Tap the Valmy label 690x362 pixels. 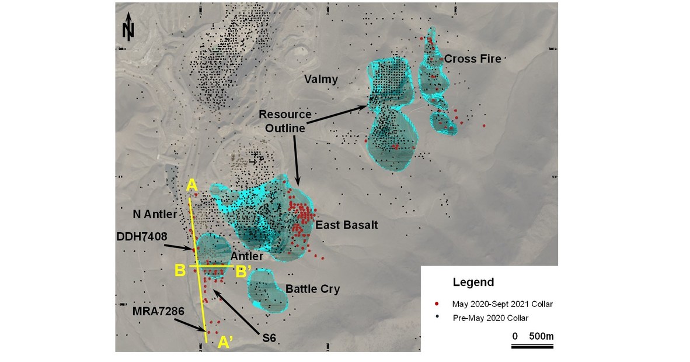click(x=319, y=79)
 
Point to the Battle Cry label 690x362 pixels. click(x=312, y=289)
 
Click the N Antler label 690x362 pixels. click(x=155, y=215)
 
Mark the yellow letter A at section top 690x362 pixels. click(x=190, y=187)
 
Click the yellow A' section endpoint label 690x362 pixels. click(x=225, y=344)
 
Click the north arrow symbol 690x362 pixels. click(x=128, y=29)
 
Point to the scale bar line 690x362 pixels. click(x=532, y=346)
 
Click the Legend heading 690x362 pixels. click(x=473, y=282)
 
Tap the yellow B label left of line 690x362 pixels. click(x=181, y=271)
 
